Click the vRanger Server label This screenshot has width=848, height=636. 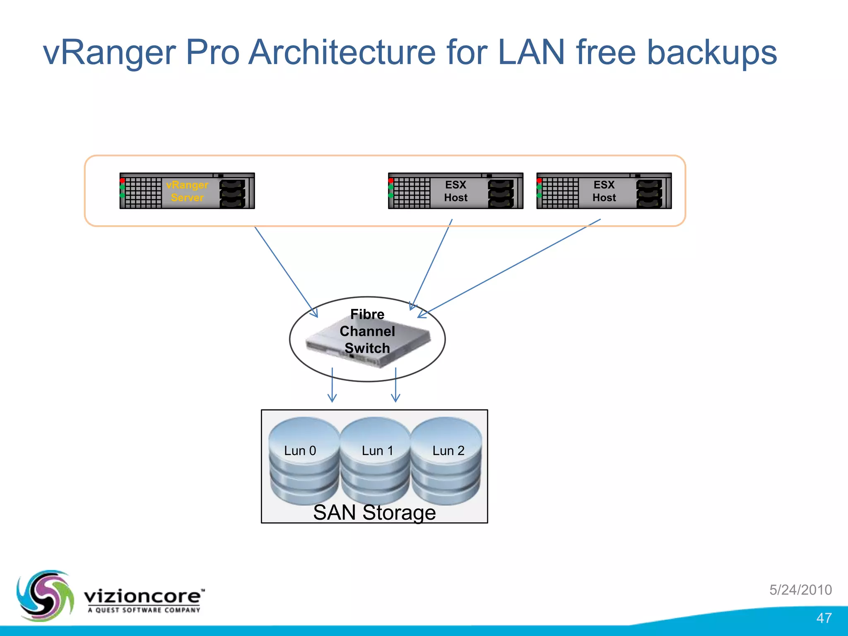(187, 191)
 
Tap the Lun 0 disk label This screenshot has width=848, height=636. (300, 450)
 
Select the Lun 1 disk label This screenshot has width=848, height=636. (377, 450)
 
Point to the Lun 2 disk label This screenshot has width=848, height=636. (448, 450)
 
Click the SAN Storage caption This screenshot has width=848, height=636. (374, 513)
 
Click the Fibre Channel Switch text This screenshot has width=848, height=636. (367, 331)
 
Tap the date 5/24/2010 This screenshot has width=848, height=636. (800, 590)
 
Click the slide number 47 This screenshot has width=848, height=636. (824, 618)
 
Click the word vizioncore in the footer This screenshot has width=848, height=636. (143, 597)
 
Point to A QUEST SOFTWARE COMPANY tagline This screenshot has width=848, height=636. (144, 610)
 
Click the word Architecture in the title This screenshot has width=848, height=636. (342, 53)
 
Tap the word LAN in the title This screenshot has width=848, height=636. (531, 53)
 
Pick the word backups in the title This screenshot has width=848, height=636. (712, 53)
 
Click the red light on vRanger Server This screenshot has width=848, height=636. (123, 181)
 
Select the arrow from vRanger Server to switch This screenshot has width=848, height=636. (286, 272)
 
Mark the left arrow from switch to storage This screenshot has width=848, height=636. (332, 385)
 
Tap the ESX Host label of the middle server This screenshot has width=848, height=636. (455, 191)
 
